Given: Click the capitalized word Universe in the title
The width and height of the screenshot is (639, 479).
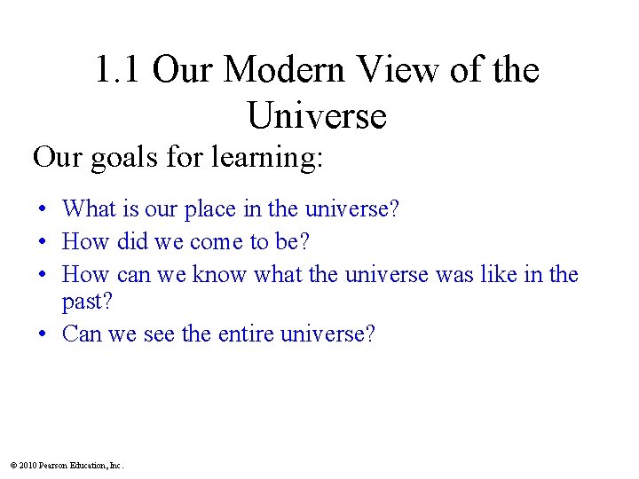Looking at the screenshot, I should click(x=317, y=115).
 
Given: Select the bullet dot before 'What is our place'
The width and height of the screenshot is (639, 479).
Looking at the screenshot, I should click(x=43, y=210).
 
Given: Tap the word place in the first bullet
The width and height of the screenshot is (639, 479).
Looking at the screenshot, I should click(x=207, y=209).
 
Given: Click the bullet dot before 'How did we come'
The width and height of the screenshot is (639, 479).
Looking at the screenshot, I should click(x=43, y=243).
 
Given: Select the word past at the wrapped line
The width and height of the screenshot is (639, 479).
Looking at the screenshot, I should click(x=87, y=302).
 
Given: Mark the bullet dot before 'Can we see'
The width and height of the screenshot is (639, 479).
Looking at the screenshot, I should click(x=43, y=335).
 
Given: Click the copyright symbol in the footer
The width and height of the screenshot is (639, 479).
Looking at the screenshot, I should click(x=13, y=465).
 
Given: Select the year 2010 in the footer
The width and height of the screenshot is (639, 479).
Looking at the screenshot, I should click(x=28, y=465).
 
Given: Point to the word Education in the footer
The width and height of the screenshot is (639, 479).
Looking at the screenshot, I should click(x=88, y=465).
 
